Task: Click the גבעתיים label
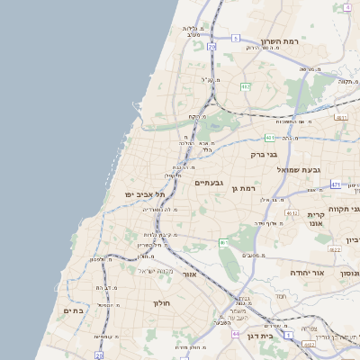(208, 183)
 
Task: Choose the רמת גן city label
(244, 188)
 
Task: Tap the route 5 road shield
(236, 39)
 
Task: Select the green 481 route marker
(269, 138)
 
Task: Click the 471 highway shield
(336, 184)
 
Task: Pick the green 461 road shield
(224, 243)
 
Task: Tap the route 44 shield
(236, 335)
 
